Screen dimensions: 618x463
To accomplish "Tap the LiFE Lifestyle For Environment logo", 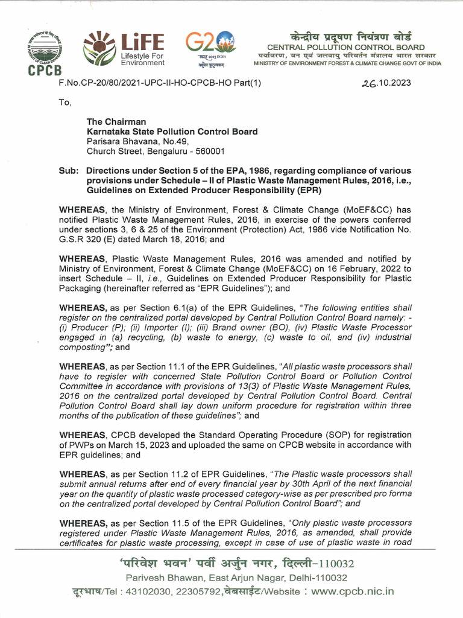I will coord(124,49).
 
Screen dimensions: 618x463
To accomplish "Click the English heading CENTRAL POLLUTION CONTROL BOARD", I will coord(345,48).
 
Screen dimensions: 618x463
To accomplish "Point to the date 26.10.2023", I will coord(386,83).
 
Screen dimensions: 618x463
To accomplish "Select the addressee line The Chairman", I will coord(116,122).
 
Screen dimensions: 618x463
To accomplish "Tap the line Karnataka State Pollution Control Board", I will coord(172,132).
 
